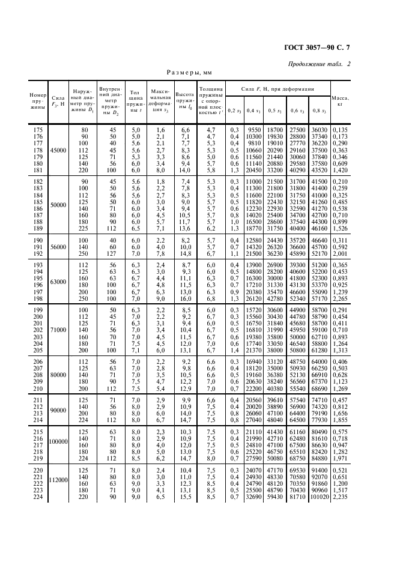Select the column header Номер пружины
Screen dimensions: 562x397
(x=38, y=100)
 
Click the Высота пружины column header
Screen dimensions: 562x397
(x=185, y=100)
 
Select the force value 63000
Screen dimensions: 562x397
(x=59, y=281)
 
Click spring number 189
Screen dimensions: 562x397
(x=38, y=228)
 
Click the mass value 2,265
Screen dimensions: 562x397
(x=340, y=298)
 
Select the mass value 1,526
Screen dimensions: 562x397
(x=340, y=228)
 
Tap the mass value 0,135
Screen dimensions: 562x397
(x=340, y=130)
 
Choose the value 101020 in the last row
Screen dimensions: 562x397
(x=319, y=498)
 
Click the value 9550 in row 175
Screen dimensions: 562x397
(x=255, y=130)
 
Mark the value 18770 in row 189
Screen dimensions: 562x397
(x=255, y=228)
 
